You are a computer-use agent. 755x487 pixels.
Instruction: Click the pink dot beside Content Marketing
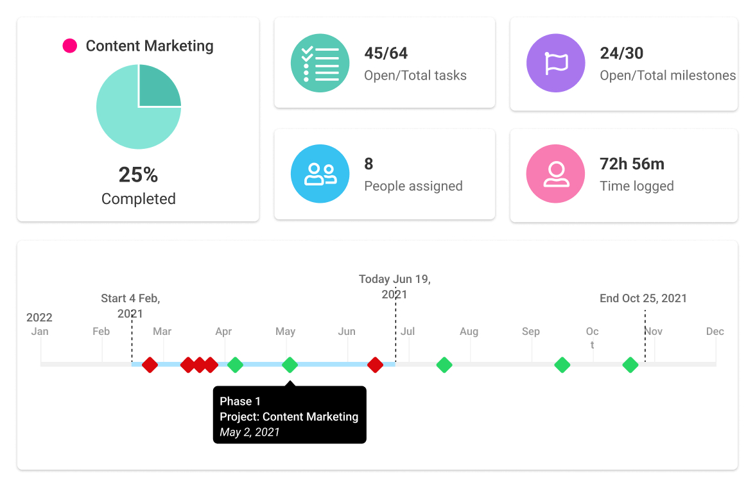click(69, 46)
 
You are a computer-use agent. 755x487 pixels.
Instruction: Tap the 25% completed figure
click(138, 175)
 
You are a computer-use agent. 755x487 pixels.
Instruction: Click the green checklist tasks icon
click(320, 64)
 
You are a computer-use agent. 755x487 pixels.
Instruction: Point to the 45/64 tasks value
click(386, 53)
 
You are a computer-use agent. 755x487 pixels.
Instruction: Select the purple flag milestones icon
click(555, 64)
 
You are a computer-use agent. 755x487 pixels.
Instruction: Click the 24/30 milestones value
click(621, 53)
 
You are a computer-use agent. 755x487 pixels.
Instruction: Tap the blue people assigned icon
click(320, 173)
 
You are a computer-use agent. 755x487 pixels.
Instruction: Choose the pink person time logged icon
click(555, 173)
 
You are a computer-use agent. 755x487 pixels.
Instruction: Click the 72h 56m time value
click(632, 164)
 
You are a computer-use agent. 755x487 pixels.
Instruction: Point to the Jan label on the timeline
click(40, 332)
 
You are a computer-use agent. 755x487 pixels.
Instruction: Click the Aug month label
click(469, 332)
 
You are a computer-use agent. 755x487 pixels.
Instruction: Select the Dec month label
click(715, 332)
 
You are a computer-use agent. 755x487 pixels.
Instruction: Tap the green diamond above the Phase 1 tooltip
click(290, 365)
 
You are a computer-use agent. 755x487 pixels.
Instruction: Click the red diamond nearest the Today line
click(375, 365)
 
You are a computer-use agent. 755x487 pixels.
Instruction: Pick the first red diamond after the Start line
click(150, 365)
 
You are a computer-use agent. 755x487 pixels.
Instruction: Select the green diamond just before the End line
click(630, 365)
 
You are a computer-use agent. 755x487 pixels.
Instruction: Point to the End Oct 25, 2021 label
click(643, 298)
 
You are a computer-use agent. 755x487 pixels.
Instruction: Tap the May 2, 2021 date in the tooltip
click(250, 432)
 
